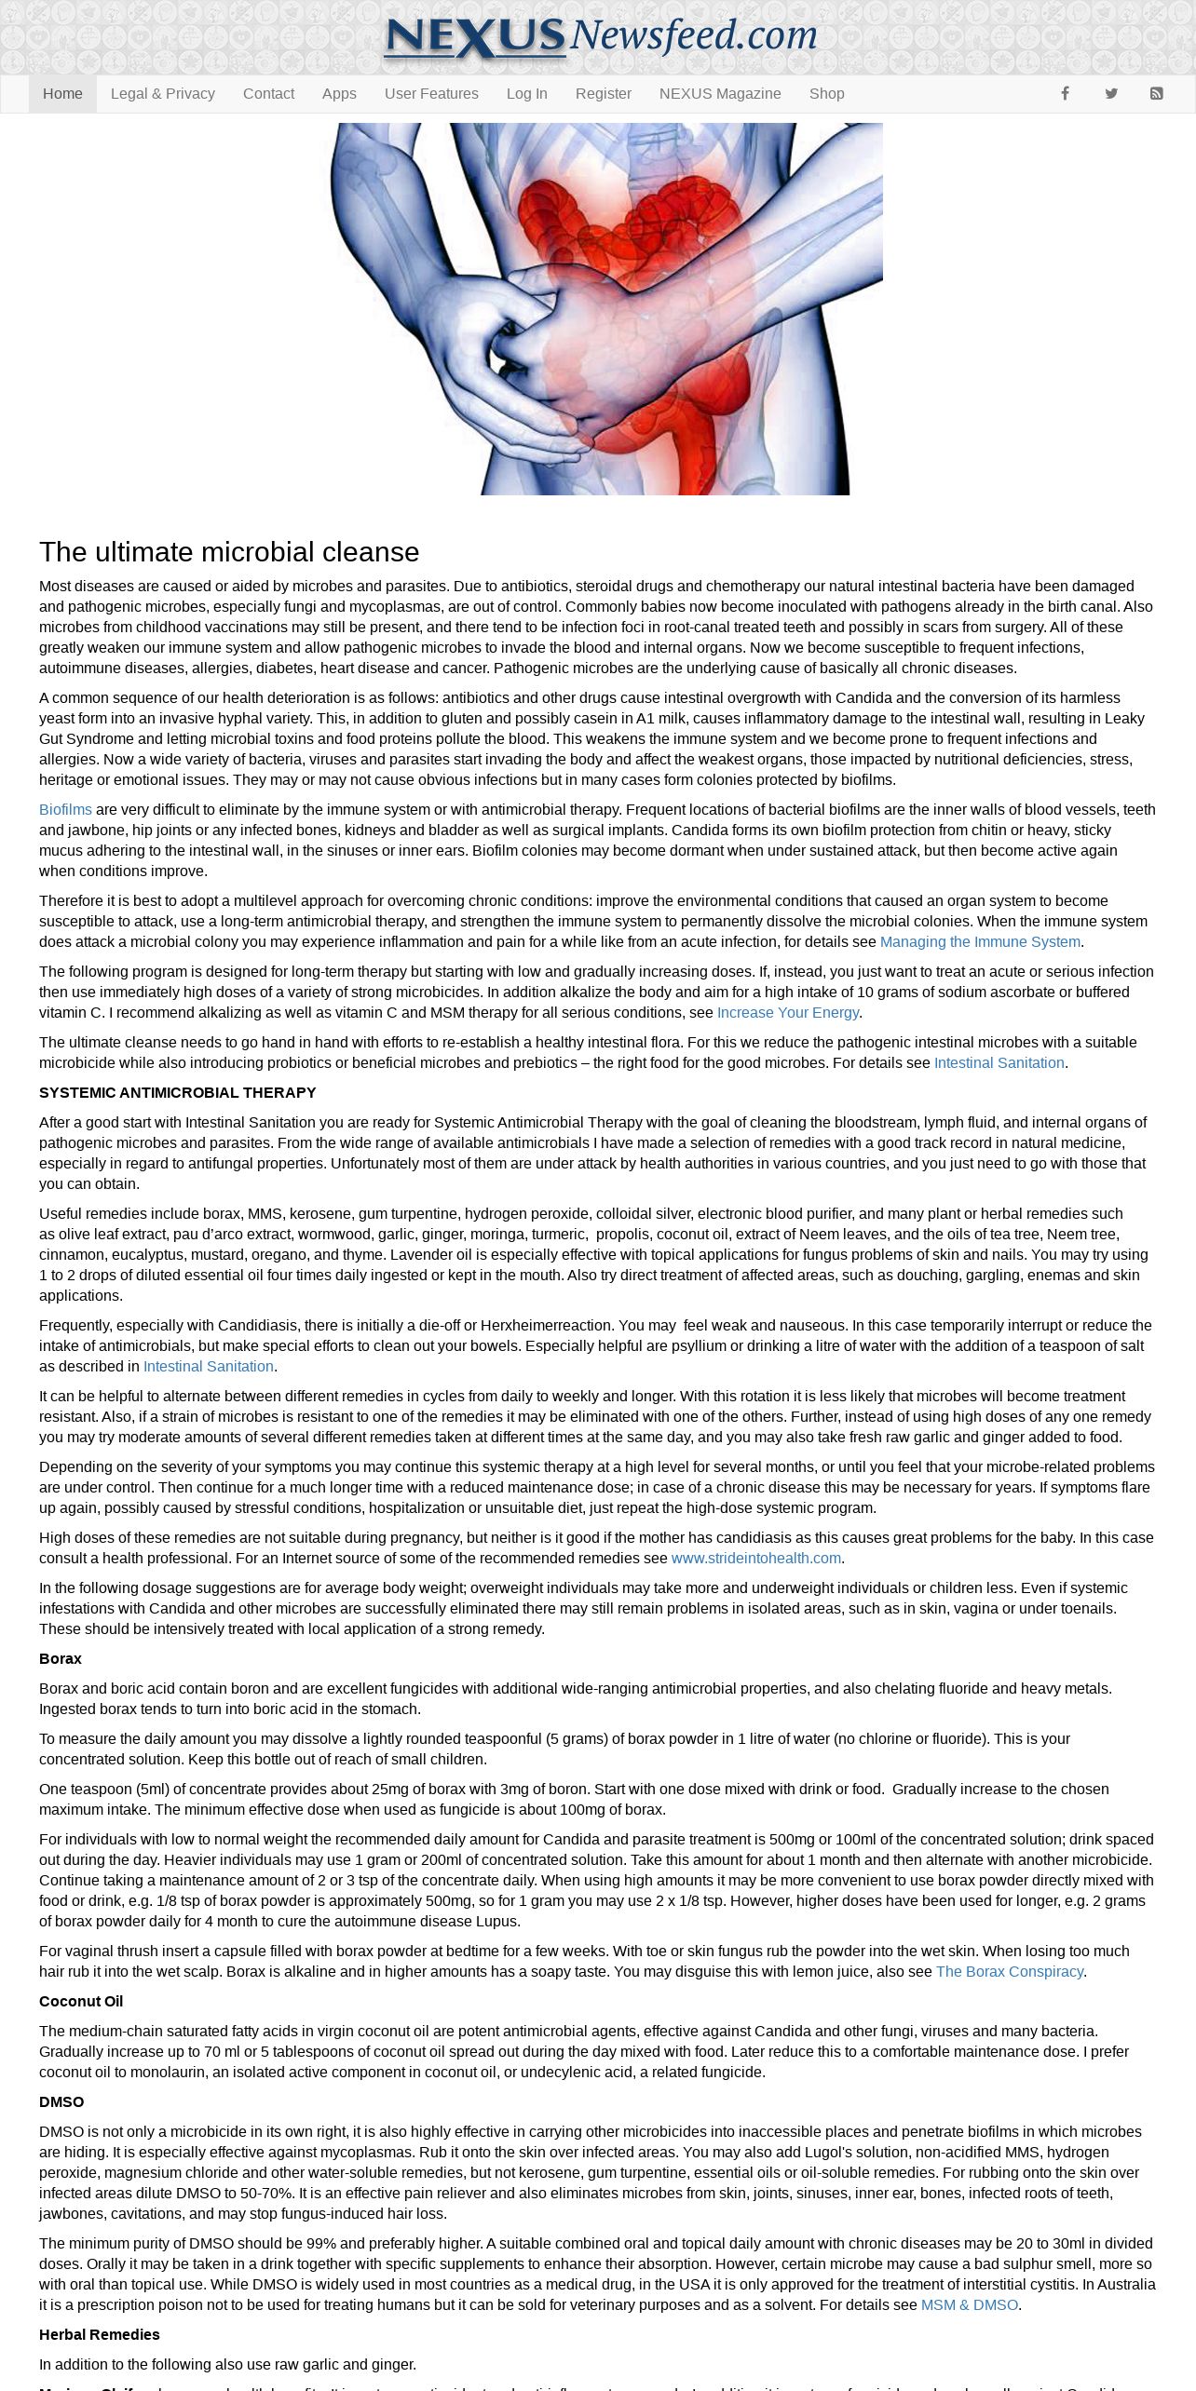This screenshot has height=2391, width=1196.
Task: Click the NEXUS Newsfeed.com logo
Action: pos(600,37)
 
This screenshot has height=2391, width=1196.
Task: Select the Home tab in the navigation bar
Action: pos(62,94)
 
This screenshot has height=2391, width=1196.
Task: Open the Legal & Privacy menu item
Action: pos(162,94)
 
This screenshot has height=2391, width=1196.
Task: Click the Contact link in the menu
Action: pos(268,94)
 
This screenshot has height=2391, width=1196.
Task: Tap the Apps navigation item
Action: pos(339,94)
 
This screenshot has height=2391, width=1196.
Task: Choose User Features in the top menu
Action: pos(431,94)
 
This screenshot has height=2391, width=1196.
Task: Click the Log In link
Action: pos(526,94)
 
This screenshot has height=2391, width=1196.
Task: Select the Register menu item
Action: pos(603,94)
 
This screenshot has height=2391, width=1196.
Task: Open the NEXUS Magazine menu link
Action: pos(720,94)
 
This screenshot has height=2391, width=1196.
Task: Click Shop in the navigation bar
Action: pos(826,94)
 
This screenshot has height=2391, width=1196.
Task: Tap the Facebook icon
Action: pos(1065,94)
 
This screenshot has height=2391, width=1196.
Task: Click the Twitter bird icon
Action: pos(1111,94)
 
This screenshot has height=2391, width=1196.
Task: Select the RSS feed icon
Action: pos(1156,94)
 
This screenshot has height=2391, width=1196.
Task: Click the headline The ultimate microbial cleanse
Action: pos(229,552)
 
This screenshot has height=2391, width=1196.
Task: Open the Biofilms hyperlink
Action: pos(65,810)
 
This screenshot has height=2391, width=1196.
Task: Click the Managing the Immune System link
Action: pos(980,942)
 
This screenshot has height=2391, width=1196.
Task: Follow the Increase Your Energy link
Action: pos(787,1013)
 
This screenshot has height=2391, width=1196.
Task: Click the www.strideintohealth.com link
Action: pos(755,1559)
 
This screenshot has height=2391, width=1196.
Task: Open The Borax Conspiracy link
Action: pos(1009,1972)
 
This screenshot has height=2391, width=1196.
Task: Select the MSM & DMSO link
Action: pos(969,2305)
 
